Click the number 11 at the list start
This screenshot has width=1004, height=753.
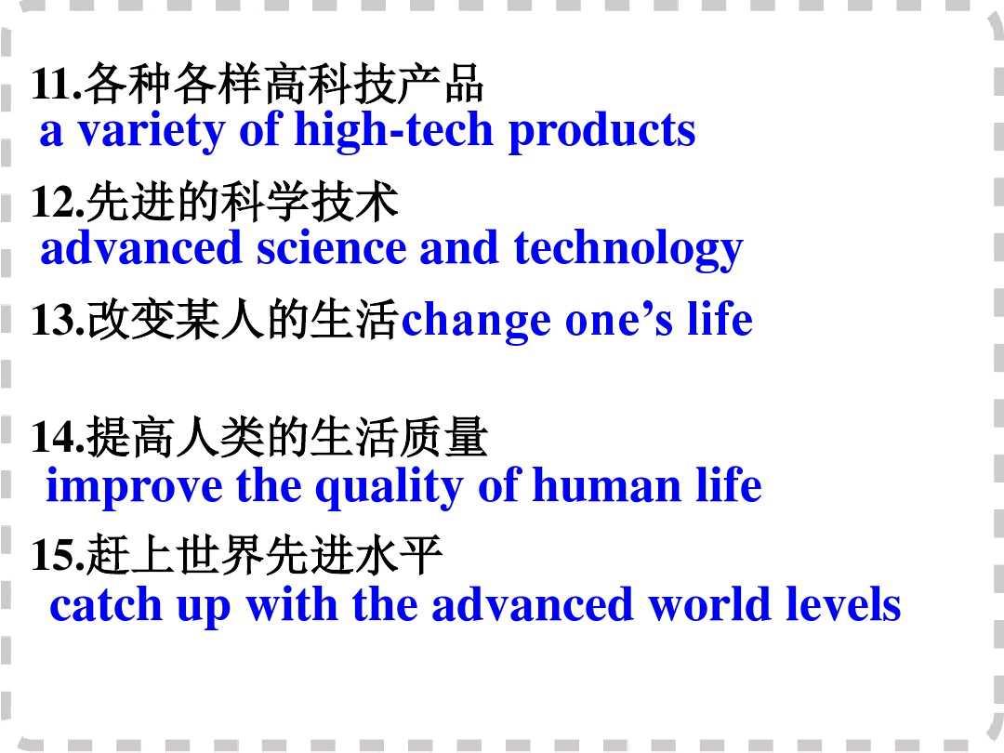coord(56,84)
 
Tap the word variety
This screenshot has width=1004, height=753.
coord(152,131)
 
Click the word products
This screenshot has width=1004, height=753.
coord(601,131)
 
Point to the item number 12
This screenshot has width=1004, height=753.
coord(58,202)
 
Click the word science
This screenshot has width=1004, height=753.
coord(332,248)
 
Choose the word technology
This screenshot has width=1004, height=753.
coord(628,250)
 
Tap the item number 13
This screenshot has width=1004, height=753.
coord(58,320)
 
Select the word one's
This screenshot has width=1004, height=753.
coord(618,320)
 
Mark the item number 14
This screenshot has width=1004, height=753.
coord(58,438)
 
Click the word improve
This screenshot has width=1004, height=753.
coord(134,486)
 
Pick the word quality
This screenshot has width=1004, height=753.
coord(389,488)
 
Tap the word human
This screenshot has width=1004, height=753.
coord(606,486)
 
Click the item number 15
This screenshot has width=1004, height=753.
coord(58,555)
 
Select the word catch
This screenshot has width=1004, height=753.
coord(106,605)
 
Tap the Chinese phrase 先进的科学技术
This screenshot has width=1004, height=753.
coord(242,203)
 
